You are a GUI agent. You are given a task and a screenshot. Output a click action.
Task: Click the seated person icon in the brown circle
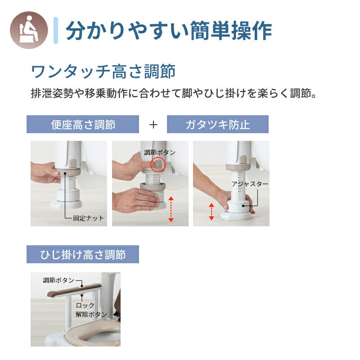tap(28, 30)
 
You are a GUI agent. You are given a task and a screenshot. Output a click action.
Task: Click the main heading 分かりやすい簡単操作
tap(168, 31)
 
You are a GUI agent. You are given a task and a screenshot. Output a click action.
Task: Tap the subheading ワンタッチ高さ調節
tap(103, 71)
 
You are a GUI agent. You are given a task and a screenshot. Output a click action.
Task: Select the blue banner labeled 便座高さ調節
tap(83, 125)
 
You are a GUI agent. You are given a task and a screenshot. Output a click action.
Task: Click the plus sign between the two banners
tap(153, 125)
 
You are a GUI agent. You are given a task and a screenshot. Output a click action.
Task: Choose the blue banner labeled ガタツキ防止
tap(217, 125)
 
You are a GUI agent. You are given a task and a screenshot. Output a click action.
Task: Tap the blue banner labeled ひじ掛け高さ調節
tap(83, 255)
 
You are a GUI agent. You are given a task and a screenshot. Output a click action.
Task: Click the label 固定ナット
tap(88, 218)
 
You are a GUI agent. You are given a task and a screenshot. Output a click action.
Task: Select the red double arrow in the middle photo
tap(171, 209)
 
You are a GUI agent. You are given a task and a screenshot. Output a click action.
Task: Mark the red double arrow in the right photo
tap(211, 211)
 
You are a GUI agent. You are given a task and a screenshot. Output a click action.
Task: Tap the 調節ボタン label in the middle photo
tap(159, 153)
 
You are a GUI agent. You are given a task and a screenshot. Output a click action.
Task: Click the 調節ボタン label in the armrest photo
tap(58, 280)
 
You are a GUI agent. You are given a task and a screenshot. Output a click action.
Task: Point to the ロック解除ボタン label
tap(91, 310)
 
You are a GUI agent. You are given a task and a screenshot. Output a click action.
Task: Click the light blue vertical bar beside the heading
tap(56, 30)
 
